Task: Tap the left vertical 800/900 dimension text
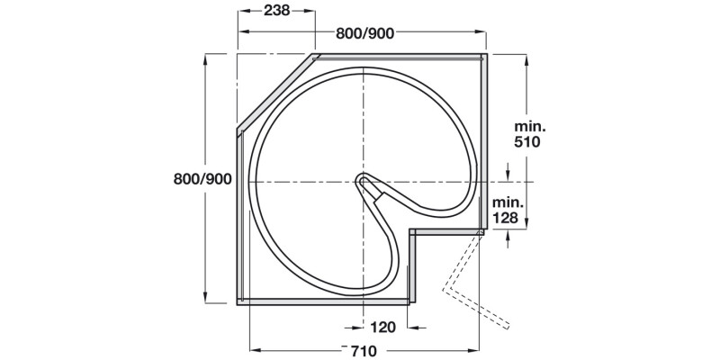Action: pyautogui.click(x=203, y=178)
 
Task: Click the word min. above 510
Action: pyautogui.click(x=531, y=126)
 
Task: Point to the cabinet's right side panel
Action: pyautogui.click(x=483, y=135)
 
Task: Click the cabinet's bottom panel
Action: pyautogui.click(x=324, y=301)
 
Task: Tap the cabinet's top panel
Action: pyautogui.click(x=396, y=57)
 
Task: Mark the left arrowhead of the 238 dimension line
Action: pyautogui.click(x=241, y=12)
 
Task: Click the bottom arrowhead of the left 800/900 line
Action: pyautogui.click(x=206, y=300)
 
